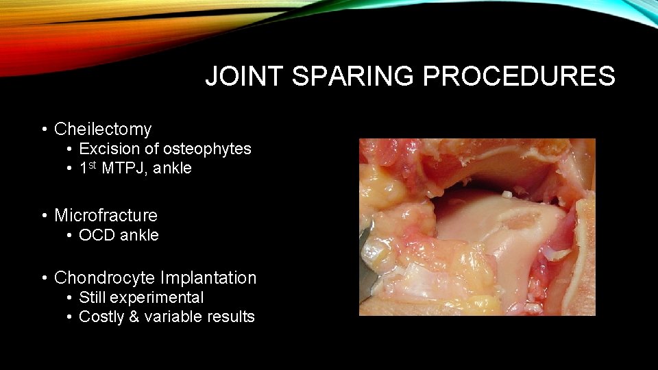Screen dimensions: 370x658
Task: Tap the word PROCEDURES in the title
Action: (519, 77)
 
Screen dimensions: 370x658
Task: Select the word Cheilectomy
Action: (103, 129)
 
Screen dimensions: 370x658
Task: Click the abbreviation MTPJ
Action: (123, 169)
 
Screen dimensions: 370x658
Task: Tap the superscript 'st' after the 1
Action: (93, 165)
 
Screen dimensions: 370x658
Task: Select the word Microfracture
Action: (106, 215)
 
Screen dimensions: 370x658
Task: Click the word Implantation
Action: (208, 277)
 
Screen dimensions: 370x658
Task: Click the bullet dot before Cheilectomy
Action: (44, 129)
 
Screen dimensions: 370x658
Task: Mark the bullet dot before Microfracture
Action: (44, 216)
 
